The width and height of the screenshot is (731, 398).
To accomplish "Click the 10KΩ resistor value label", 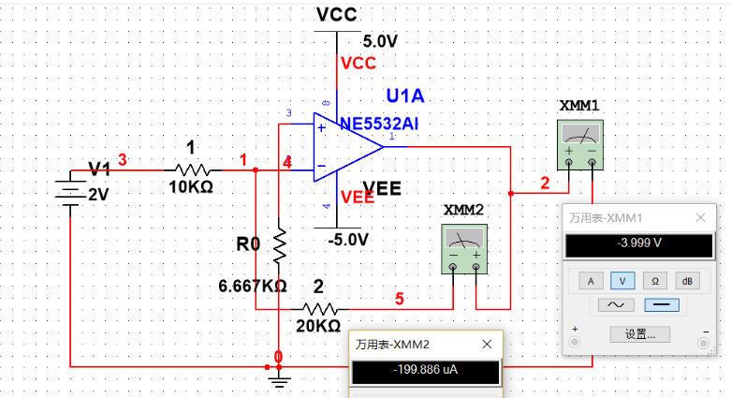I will click(191, 187).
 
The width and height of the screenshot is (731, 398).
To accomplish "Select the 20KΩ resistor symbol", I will click(320, 307).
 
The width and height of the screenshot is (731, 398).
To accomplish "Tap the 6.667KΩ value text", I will click(252, 285).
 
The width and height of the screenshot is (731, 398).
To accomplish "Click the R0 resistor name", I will click(247, 244).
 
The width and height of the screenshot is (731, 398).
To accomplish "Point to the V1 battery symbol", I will click(71, 190).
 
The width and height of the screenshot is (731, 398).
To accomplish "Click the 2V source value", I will click(98, 195).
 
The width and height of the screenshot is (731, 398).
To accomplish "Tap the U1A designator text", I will click(405, 96).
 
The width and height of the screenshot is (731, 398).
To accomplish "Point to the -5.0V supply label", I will click(348, 239).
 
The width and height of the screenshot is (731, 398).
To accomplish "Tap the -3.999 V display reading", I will click(634, 244).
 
